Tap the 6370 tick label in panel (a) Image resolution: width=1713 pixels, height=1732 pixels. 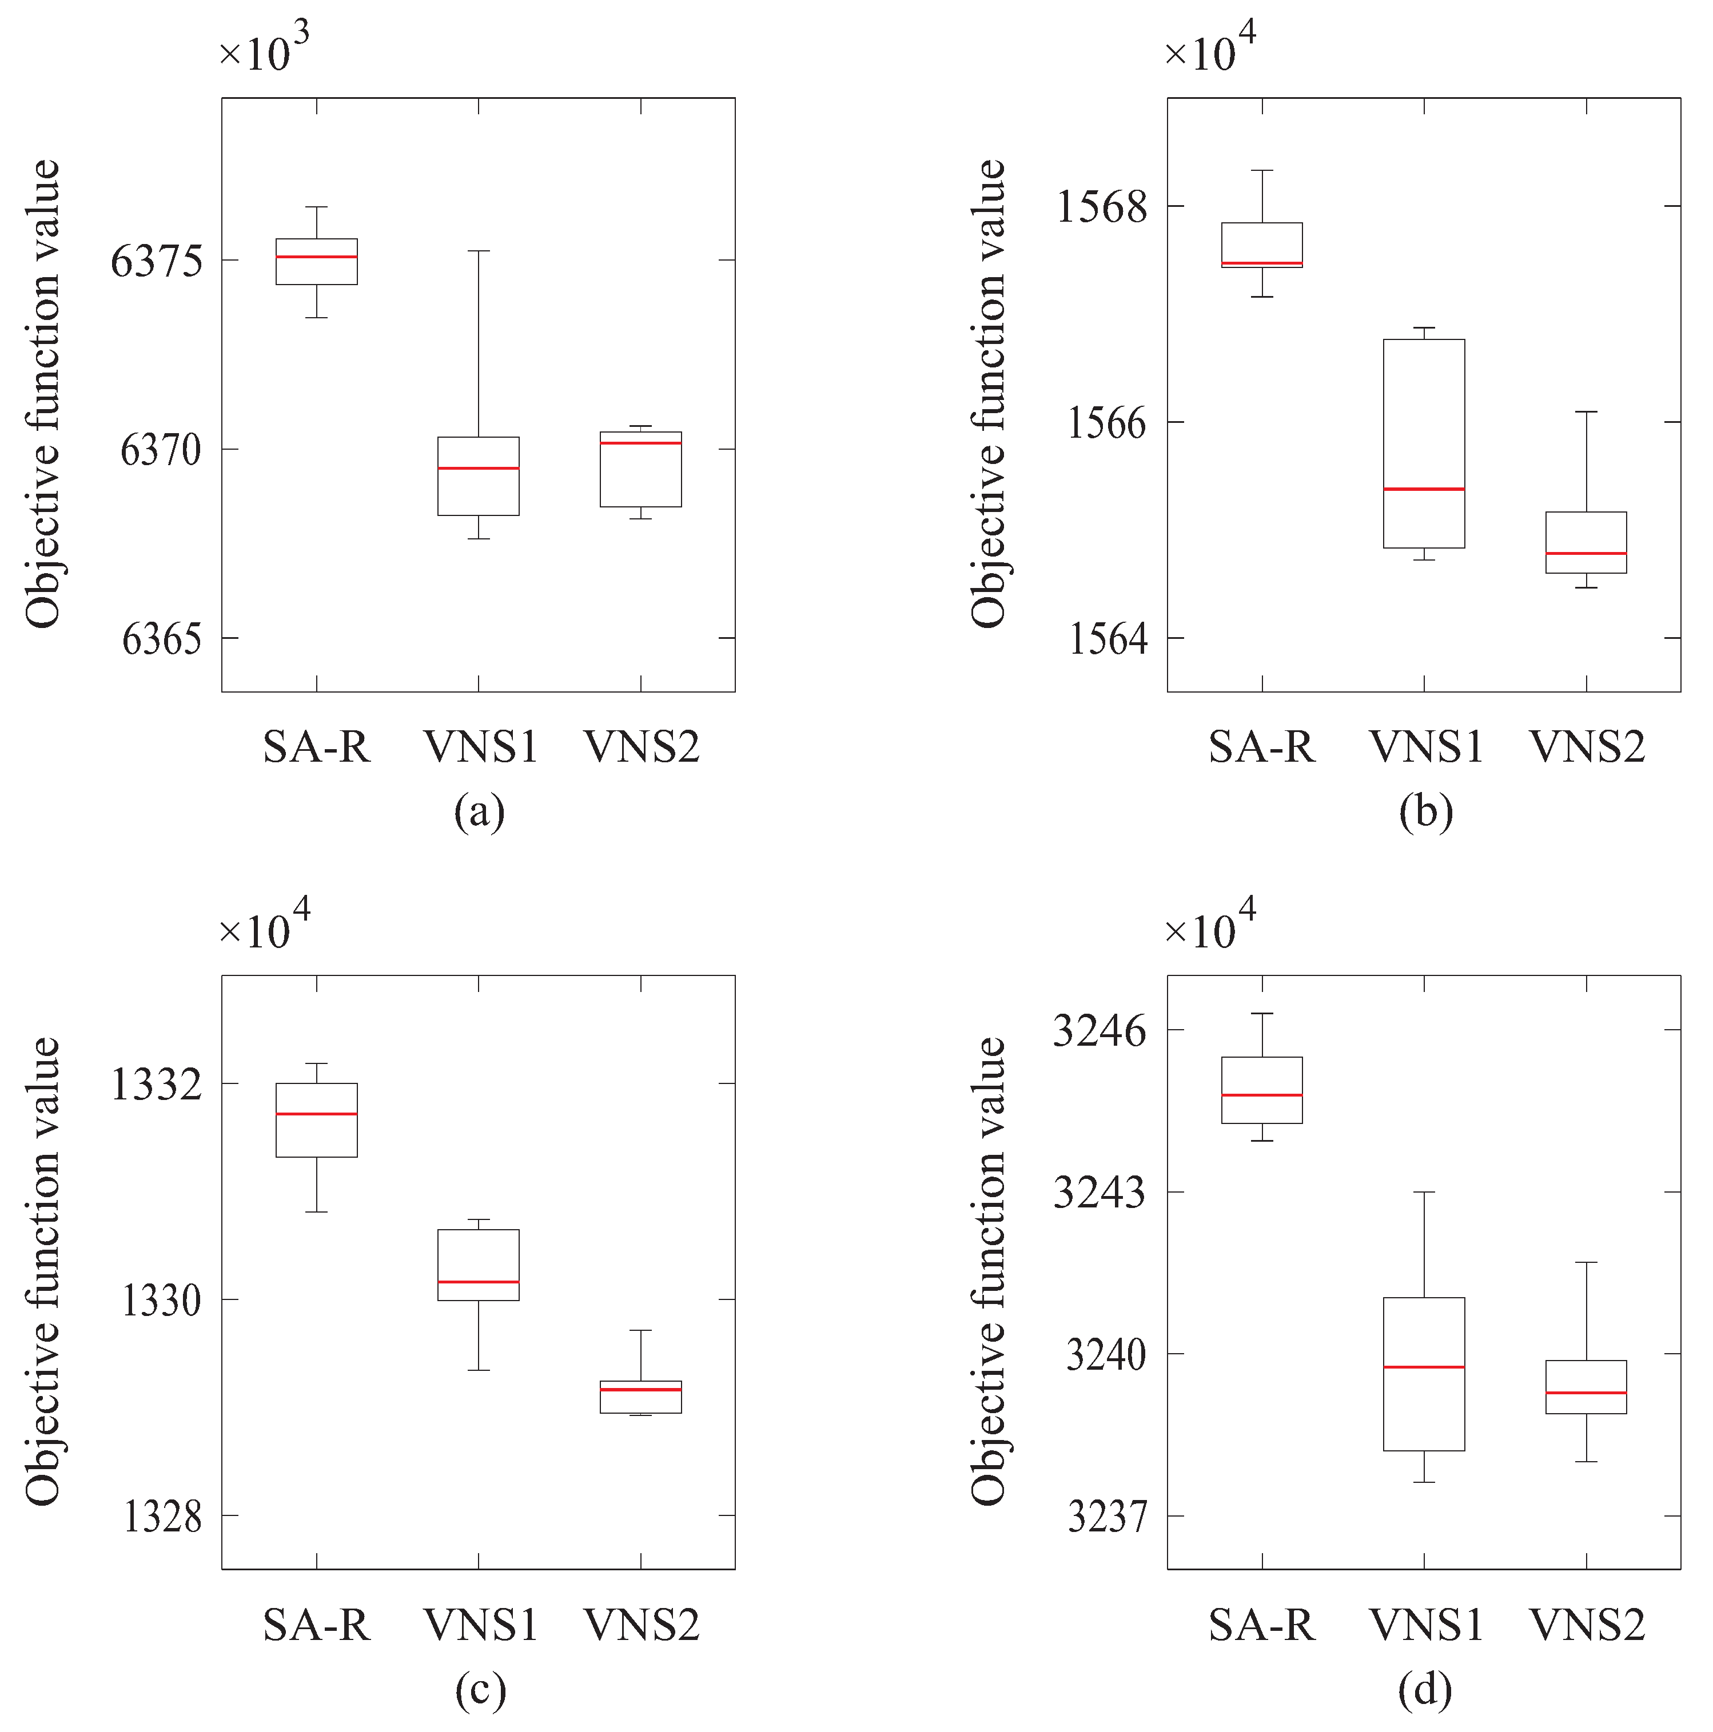pos(161,450)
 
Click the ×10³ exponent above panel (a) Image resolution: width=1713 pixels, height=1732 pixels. pos(265,49)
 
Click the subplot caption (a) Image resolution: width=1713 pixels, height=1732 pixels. pos(479,812)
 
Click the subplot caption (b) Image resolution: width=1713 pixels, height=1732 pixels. pos(1425,812)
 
